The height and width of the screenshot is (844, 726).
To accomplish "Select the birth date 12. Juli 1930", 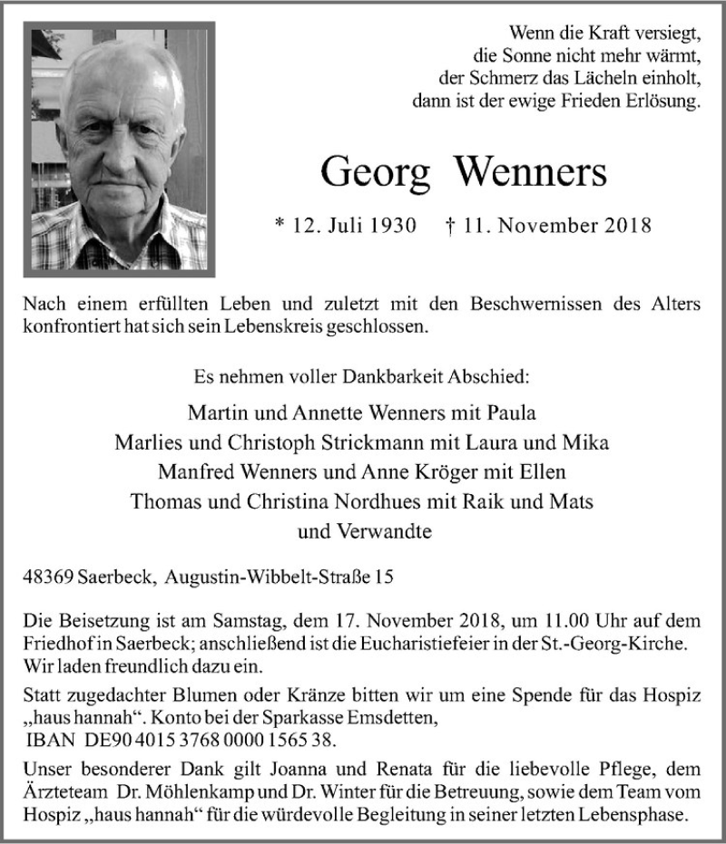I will [x=344, y=226].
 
